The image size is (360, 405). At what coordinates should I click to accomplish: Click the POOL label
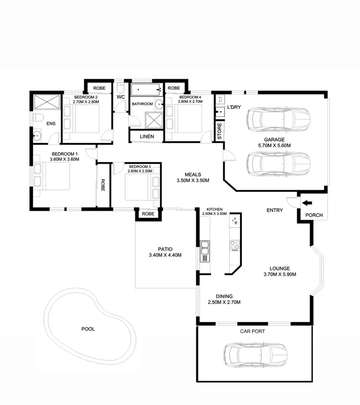tap(88, 329)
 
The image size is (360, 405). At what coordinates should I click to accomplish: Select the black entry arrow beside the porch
tap(306, 203)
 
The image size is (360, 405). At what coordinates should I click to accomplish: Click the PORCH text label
tap(314, 215)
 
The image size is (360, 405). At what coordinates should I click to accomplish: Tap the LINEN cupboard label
tap(147, 137)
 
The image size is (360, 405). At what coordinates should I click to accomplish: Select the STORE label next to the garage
tap(219, 131)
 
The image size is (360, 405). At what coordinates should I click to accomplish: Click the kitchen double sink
tap(204, 248)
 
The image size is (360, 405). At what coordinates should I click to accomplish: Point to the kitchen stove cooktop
tap(235, 246)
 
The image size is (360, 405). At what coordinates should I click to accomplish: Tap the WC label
tap(120, 97)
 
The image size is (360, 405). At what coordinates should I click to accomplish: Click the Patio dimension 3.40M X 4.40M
tap(165, 255)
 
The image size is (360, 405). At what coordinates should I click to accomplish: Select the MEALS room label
tap(193, 175)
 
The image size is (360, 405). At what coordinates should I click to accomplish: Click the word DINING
tap(224, 296)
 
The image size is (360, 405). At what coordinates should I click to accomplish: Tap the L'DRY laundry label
tap(233, 107)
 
